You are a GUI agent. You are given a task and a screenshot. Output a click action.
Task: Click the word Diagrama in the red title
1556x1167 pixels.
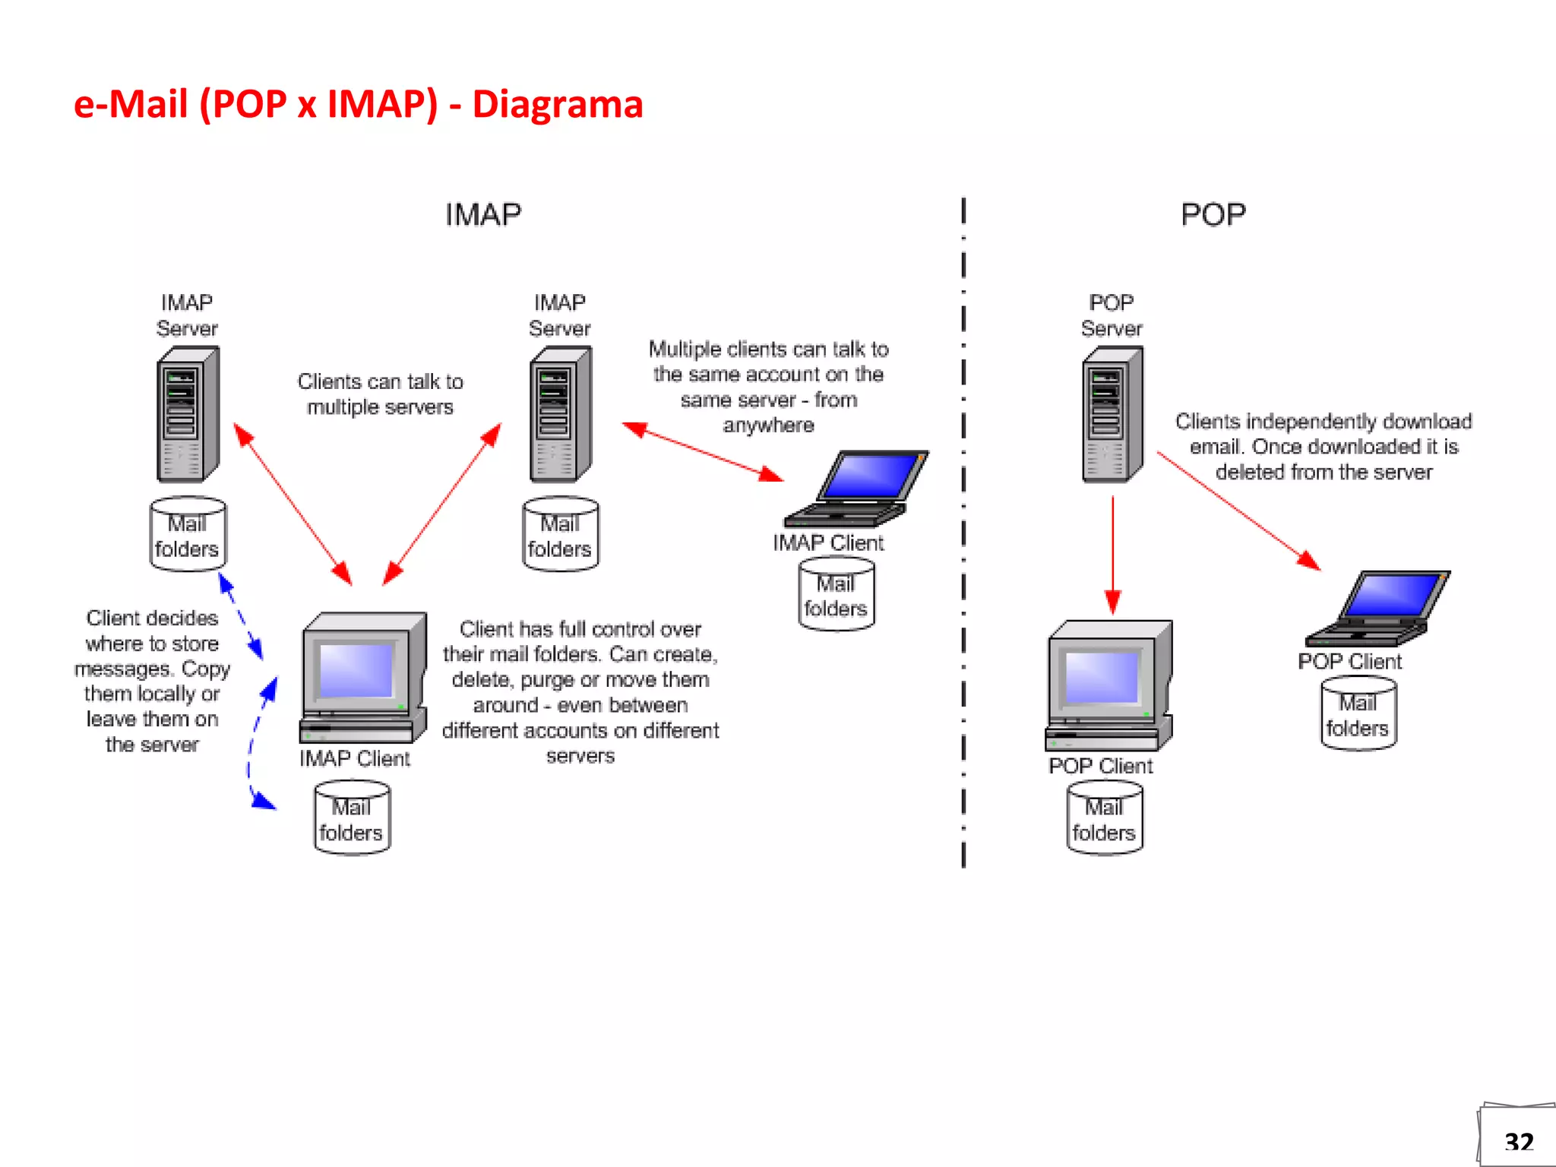pos(557,104)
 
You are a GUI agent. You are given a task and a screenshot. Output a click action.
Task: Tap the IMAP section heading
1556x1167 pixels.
pos(483,214)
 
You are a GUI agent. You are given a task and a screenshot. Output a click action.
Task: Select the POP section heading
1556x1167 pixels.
pos(1213,214)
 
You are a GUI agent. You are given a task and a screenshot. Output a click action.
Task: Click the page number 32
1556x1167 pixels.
pos(1518,1141)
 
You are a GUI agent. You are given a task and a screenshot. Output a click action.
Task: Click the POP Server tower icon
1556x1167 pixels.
pos(1112,415)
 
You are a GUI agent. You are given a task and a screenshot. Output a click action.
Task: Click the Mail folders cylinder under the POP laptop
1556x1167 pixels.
pos(1358,714)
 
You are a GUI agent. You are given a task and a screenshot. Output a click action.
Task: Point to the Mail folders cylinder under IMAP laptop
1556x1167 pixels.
pos(836,595)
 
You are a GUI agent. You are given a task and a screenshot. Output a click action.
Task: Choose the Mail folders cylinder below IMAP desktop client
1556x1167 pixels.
pos(352,818)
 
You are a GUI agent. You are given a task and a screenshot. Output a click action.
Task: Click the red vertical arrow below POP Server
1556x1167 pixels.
pos(1112,555)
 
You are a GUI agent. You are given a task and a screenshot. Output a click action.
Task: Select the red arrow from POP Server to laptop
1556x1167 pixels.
pos(1238,511)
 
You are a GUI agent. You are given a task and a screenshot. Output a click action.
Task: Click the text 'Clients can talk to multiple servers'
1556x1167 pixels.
pos(380,394)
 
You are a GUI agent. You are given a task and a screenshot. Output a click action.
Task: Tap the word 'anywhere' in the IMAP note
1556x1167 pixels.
pos(768,425)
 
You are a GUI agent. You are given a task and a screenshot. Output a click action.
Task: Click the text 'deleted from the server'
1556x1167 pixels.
pos(1324,472)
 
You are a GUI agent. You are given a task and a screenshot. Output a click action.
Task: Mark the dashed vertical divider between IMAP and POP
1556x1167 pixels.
pos(963,532)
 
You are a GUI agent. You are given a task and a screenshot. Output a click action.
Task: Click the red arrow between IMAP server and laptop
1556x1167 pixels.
pos(703,452)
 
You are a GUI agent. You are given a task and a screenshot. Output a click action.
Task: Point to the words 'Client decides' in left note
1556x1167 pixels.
pos(152,618)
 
